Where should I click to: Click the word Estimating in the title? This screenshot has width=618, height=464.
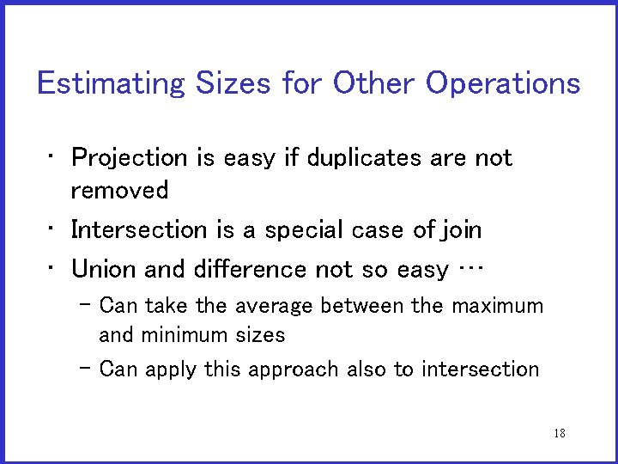click(x=111, y=84)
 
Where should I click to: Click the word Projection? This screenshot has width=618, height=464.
click(x=129, y=158)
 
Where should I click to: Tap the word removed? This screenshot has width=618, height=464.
click(x=119, y=190)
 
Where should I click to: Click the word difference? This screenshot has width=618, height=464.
click(x=245, y=270)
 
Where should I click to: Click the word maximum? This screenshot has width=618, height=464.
click(x=497, y=306)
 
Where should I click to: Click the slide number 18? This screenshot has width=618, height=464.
click(x=560, y=433)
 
